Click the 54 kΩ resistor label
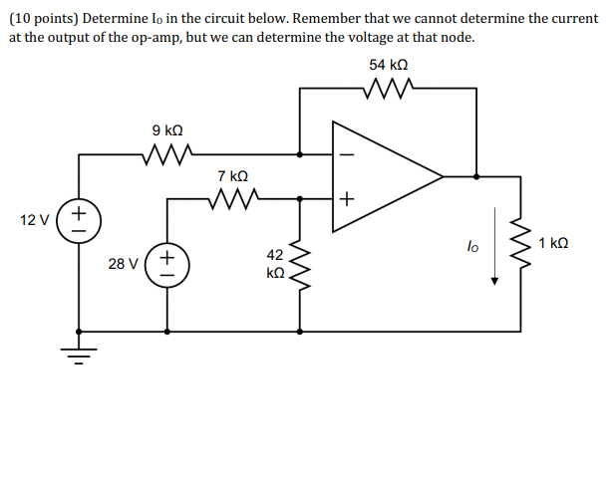[x=388, y=64]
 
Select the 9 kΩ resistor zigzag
[x=166, y=154]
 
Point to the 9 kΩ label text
[x=166, y=130]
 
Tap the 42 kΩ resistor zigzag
[x=301, y=264]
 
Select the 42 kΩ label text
[x=276, y=263]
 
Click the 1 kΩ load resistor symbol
[x=519, y=244]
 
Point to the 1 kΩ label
[x=553, y=244]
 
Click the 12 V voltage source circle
[x=80, y=220]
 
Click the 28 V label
[x=124, y=264]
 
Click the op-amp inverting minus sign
[x=347, y=155]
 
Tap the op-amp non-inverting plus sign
[x=347, y=199]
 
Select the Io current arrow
[x=492, y=264]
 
